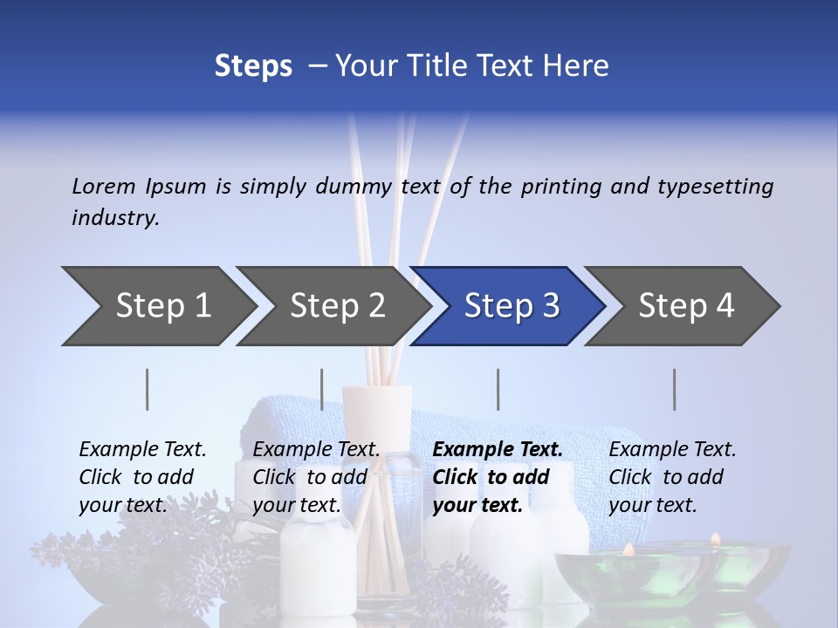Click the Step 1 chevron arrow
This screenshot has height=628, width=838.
click(162, 306)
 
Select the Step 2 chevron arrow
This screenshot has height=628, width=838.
click(337, 306)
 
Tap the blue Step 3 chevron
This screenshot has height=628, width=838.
click(511, 306)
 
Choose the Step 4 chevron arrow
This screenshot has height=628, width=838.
click(686, 306)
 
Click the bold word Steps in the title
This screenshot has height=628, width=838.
click(253, 65)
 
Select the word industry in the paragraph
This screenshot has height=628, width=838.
click(115, 217)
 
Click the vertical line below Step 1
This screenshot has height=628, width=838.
click(148, 389)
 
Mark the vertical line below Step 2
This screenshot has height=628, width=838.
click(322, 389)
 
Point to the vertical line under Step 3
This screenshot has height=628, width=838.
click(498, 389)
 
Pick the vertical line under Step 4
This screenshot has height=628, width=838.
click(675, 389)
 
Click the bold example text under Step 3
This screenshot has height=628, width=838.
click(498, 477)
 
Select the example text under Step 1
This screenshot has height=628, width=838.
click(142, 477)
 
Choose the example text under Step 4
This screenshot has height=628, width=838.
click(672, 477)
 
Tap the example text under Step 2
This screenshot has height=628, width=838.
click(316, 477)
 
